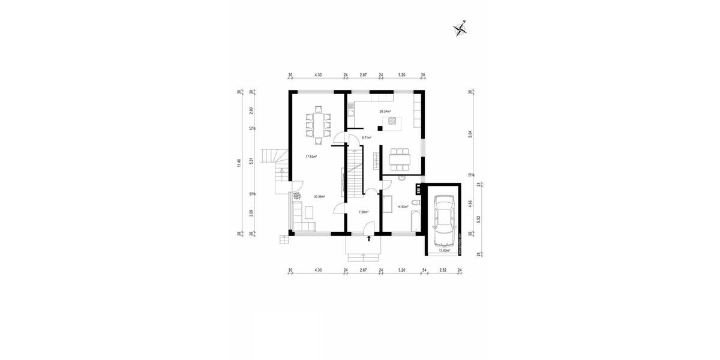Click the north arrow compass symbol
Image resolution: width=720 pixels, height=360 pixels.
(461, 26)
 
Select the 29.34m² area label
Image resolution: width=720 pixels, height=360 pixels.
(385, 112)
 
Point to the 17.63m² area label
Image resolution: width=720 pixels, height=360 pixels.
(311, 157)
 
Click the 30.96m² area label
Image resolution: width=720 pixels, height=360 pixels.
(319, 196)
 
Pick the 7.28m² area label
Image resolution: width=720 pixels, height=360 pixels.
(364, 212)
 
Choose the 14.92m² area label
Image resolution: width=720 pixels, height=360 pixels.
(403, 207)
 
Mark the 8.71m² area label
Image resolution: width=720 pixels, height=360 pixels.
(366, 137)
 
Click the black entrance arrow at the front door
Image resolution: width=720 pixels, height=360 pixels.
(368, 239)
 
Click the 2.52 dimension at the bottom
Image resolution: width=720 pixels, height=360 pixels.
(443, 271)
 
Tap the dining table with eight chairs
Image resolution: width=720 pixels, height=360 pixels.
(318, 126)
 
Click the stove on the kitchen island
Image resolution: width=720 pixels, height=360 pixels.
(392, 121)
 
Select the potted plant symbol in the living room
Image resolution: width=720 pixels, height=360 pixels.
(296, 196)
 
